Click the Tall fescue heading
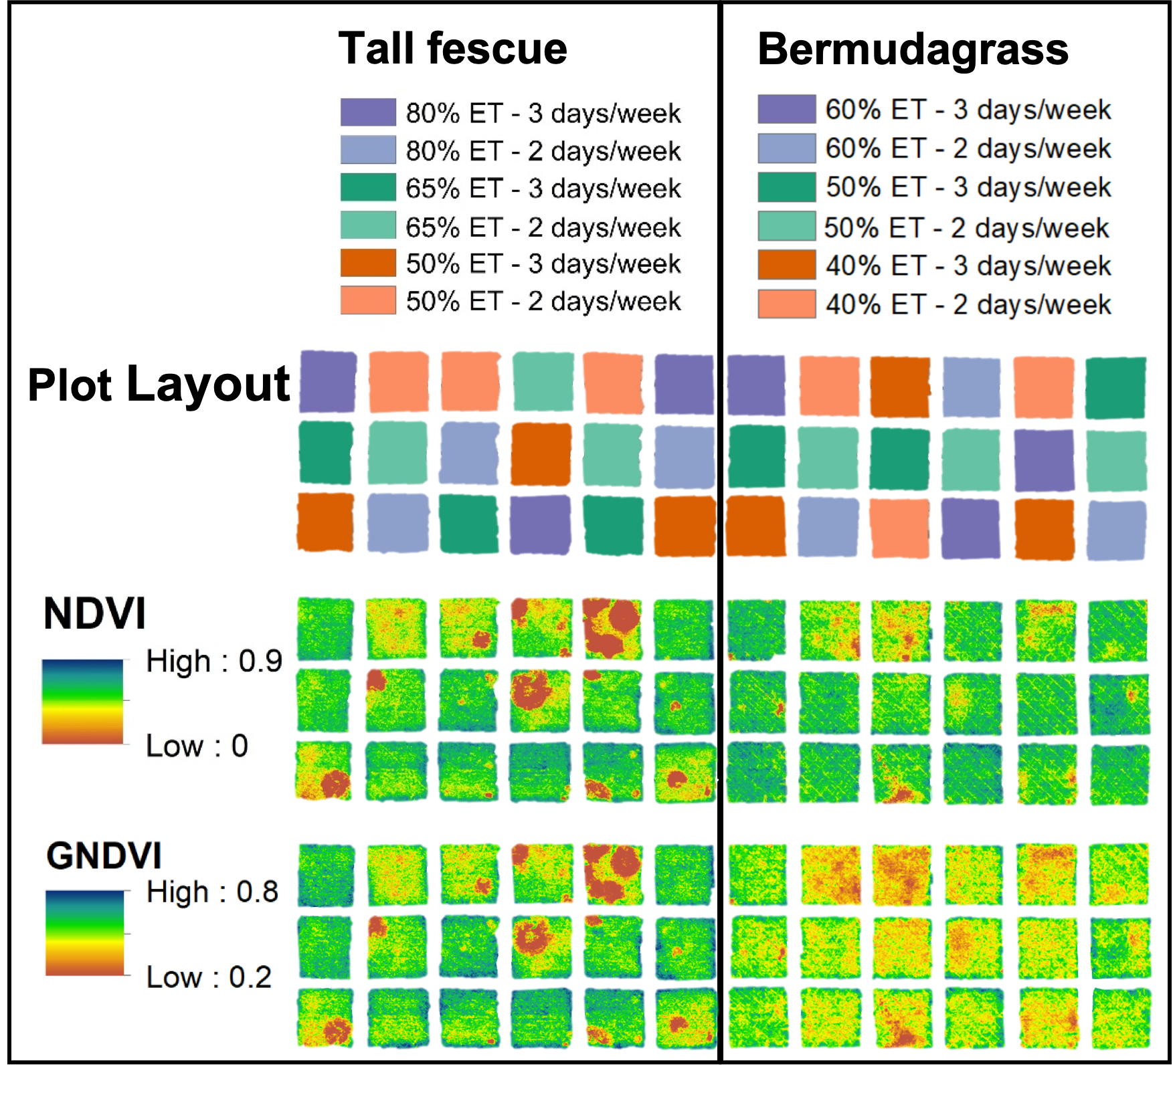tap(452, 49)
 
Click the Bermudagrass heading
tap(913, 49)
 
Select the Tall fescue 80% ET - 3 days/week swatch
tap(368, 112)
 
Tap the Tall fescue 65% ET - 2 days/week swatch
tap(368, 225)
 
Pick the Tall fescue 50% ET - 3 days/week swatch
tap(368, 263)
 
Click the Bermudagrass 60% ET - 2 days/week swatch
tap(786, 148)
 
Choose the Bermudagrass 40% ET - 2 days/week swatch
tap(786, 304)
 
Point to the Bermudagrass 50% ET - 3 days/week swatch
tap(786, 187)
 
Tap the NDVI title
tap(94, 613)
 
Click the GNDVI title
tap(104, 855)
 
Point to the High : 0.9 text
tap(214, 661)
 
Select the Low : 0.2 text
tap(209, 977)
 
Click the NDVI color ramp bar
tap(82, 702)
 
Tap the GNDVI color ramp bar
tap(85, 932)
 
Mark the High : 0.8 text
tap(212, 892)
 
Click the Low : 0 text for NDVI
tap(197, 746)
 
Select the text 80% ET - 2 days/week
tap(543, 151)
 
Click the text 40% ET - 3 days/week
tap(968, 266)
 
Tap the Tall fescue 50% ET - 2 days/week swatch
tap(368, 300)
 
